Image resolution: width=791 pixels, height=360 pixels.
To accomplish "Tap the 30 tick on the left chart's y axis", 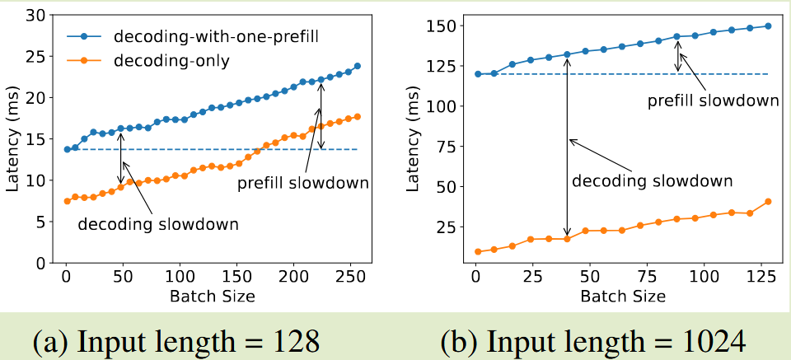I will tap(39, 15).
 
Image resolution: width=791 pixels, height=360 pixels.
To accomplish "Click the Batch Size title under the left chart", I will tap(212, 294).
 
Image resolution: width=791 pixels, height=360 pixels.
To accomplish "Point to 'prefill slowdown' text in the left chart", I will tap(302, 183).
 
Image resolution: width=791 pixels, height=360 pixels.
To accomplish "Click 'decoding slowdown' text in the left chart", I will tap(158, 224).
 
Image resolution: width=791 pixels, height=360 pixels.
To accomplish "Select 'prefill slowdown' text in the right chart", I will tap(713, 101).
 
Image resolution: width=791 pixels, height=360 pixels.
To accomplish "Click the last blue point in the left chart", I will tap(357, 66).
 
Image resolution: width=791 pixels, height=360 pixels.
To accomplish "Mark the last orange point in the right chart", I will tap(768, 202).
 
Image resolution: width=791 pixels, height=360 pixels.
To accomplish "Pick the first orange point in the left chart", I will tap(67, 201).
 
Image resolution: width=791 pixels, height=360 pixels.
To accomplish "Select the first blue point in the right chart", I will tap(477, 74).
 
